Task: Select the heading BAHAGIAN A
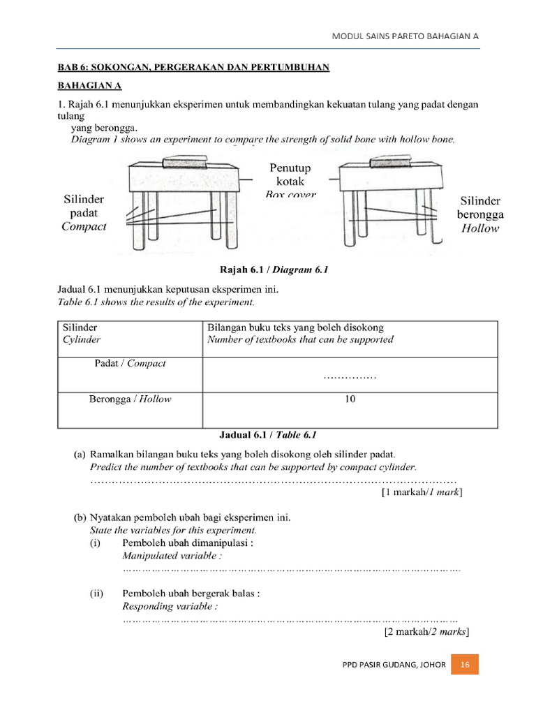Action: click(x=89, y=86)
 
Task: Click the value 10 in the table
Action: click(x=350, y=399)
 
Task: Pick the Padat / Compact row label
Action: click(x=129, y=363)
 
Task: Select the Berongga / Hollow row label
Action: click(x=129, y=399)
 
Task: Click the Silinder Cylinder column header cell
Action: click(x=82, y=333)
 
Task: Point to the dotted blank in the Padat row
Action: click(x=350, y=378)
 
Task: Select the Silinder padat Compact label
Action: click(x=84, y=213)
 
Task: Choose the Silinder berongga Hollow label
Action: click(x=479, y=214)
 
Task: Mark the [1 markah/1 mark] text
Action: click(x=422, y=492)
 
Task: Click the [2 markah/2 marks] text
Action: click(x=426, y=632)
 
